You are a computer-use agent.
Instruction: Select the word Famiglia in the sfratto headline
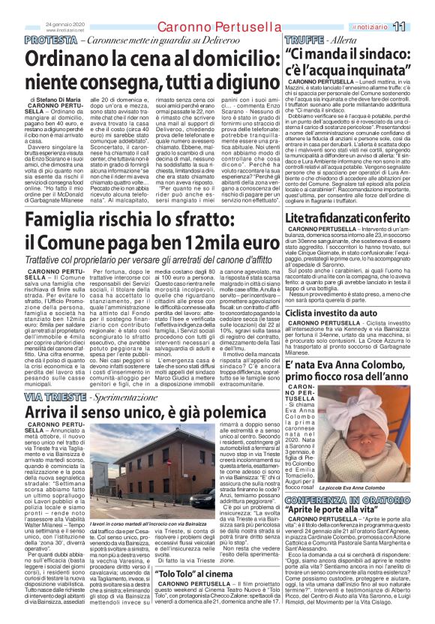pyautogui.click(x=79, y=220)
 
